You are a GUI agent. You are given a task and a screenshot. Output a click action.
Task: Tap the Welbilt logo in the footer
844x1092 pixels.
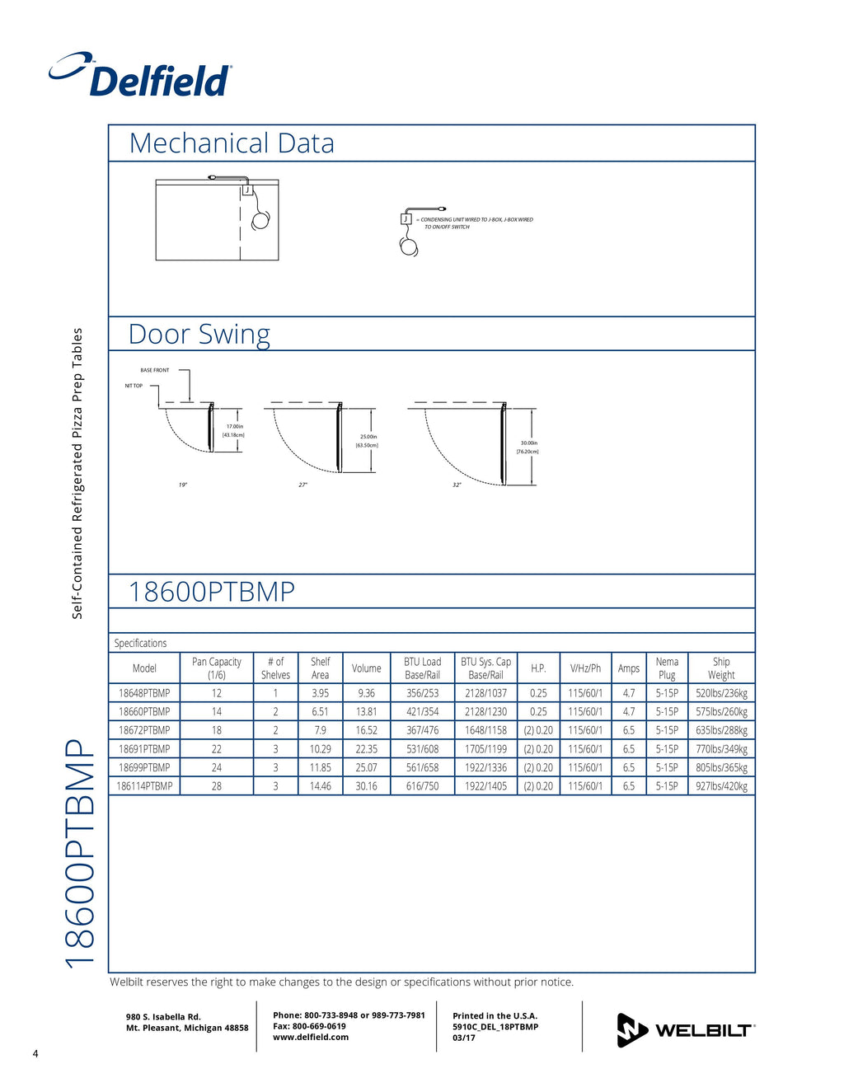[686, 1029]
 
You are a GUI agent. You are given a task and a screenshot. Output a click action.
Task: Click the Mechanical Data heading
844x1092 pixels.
[232, 143]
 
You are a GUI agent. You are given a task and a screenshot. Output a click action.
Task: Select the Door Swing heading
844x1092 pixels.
[199, 335]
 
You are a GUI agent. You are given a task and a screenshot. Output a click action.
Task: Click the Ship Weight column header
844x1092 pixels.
[721, 668]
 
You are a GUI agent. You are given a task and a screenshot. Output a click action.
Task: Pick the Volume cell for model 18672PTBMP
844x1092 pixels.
[366, 730]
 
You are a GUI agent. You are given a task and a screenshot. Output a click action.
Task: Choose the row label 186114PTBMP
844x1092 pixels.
[144, 786]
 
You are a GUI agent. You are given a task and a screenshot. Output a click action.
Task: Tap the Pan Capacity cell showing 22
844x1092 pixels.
[217, 749]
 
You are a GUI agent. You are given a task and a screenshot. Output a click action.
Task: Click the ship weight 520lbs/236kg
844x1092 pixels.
[721, 693]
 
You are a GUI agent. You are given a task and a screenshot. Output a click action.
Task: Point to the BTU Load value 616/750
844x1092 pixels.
[422, 786]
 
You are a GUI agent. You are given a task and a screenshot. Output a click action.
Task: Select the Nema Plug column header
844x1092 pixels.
[667, 668]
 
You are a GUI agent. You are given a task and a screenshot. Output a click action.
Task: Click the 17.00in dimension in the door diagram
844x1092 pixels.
[234, 426]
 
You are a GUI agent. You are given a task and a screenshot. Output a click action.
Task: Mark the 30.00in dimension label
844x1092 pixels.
[528, 443]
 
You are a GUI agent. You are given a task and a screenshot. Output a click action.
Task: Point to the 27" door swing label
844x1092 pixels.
[302, 485]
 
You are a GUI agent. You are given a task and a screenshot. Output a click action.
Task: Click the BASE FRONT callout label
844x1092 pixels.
[154, 370]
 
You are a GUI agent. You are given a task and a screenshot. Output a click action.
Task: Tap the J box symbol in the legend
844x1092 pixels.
[406, 218]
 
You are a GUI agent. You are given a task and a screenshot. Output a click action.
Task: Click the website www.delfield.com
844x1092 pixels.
[311, 1037]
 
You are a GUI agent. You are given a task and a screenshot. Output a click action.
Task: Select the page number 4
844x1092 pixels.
[35, 1053]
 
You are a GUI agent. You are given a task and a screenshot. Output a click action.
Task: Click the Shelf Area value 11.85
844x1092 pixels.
[320, 767]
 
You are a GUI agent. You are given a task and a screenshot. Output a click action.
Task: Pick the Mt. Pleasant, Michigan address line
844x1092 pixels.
[187, 1028]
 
